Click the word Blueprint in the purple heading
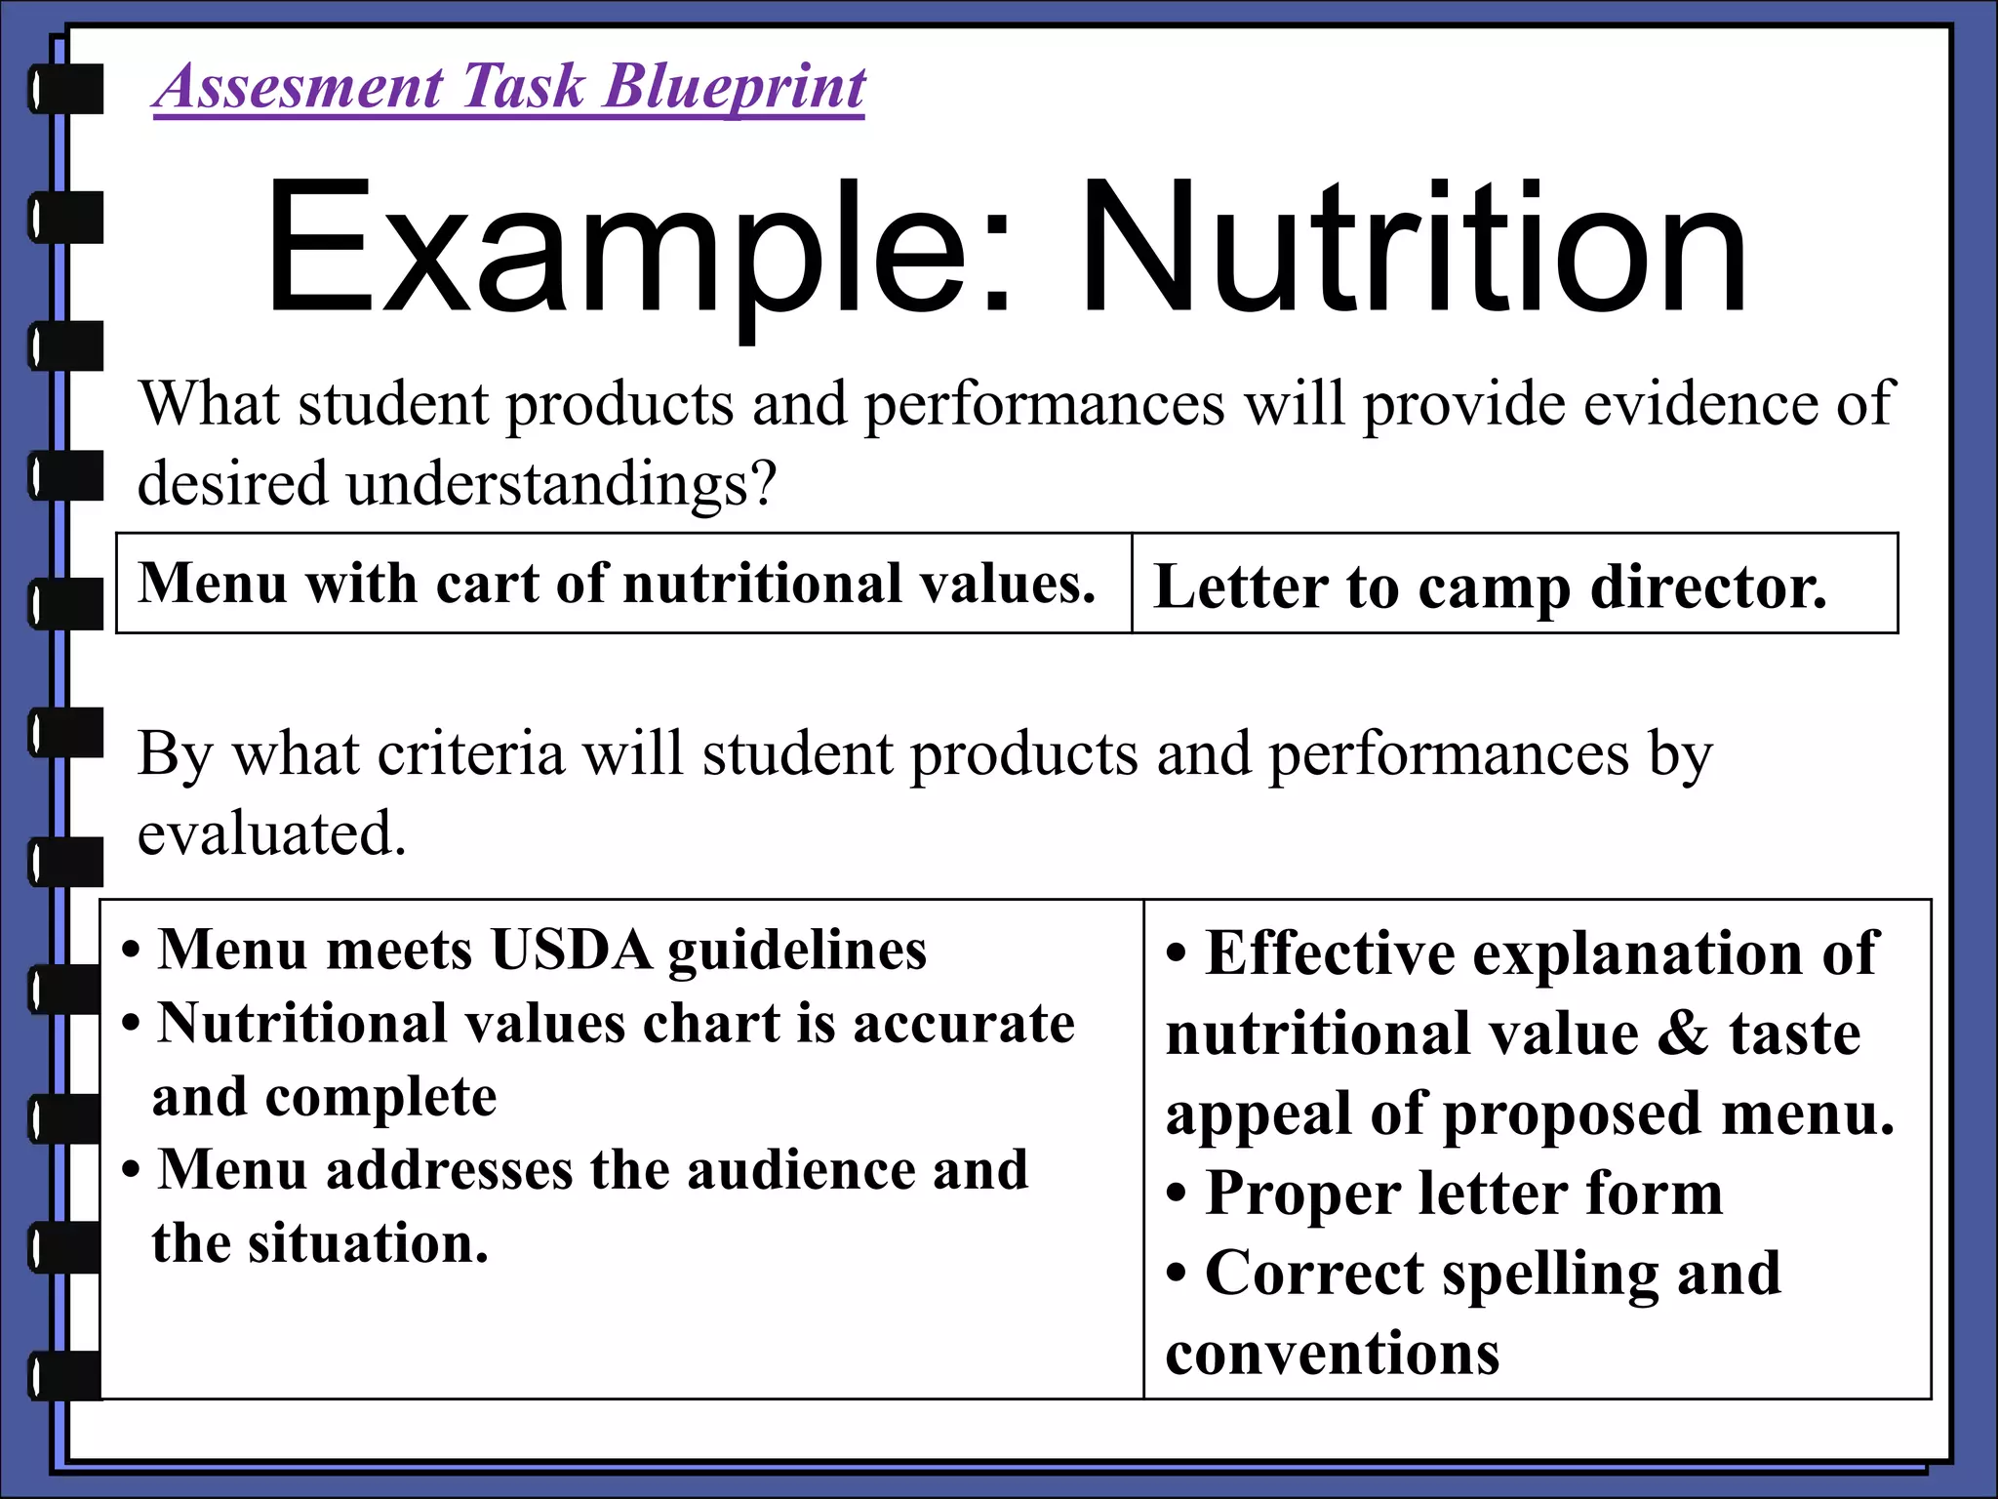pyautogui.click(x=734, y=87)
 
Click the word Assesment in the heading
pyautogui.click(x=300, y=87)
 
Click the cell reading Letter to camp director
pyautogui.click(x=1490, y=587)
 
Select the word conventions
pyautogui.click(x=1333, y=1354)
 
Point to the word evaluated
pyautogui.click(x=270, y=833)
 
